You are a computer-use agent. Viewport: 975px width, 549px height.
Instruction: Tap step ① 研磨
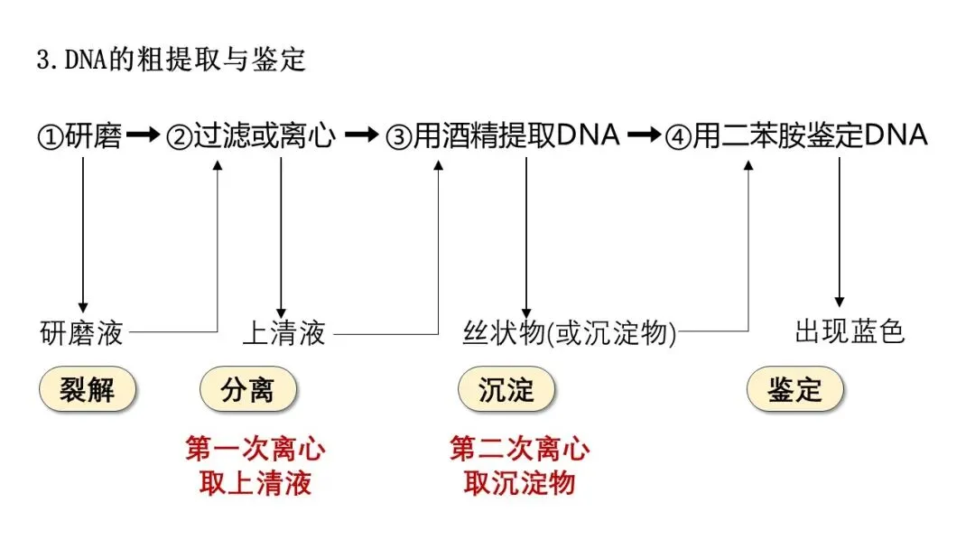[79, 136]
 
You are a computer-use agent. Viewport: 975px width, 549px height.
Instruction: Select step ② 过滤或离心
[251, 136]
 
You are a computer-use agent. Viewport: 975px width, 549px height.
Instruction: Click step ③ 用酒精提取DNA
[503, 136]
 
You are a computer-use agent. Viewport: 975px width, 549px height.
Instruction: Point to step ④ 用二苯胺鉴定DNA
[796, 136]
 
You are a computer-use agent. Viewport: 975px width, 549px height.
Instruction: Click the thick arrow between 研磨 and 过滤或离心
[143, 136]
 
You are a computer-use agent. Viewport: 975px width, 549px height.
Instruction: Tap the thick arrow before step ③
[363, 136]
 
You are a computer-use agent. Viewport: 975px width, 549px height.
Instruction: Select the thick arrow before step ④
[644, 136]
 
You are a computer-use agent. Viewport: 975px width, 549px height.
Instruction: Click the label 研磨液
[81, 333]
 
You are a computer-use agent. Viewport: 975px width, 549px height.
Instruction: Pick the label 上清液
[283, 333]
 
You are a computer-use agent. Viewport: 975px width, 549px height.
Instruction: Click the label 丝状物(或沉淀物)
[570, 333]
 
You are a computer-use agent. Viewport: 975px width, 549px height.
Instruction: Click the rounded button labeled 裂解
[88, 390]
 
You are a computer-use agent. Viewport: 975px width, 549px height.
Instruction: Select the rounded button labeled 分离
[247, 390]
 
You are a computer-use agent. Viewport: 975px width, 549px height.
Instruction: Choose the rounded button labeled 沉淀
[506, 390]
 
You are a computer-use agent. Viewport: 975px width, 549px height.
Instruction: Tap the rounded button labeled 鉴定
[795, 390]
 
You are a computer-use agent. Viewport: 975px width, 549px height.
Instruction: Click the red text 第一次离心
[255, 449]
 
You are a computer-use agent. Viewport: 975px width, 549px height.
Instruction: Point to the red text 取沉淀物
[519, 483]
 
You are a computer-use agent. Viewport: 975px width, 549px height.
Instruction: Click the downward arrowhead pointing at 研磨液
[83, 307]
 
